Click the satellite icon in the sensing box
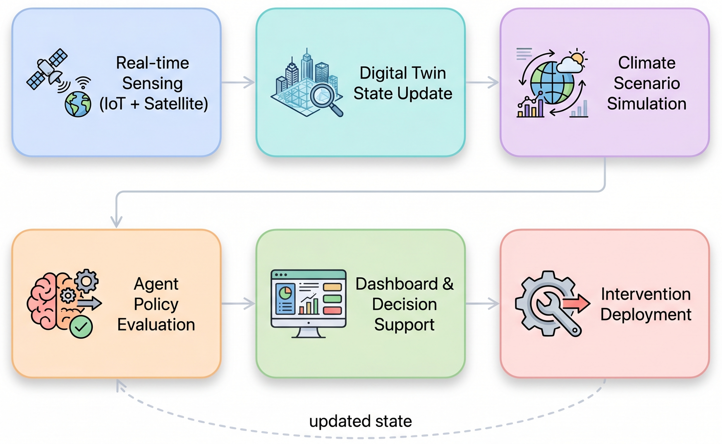[47, 69]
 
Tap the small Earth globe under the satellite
[78, 104]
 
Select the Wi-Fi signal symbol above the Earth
[83, 83]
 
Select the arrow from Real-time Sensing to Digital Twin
[238, 82]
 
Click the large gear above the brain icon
[86, 281]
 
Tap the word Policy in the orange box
[156, 304]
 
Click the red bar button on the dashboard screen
[332, 310]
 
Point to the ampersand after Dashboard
[448, 284]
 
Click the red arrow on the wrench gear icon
[576, 303]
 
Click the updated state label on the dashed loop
[360, 421]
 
